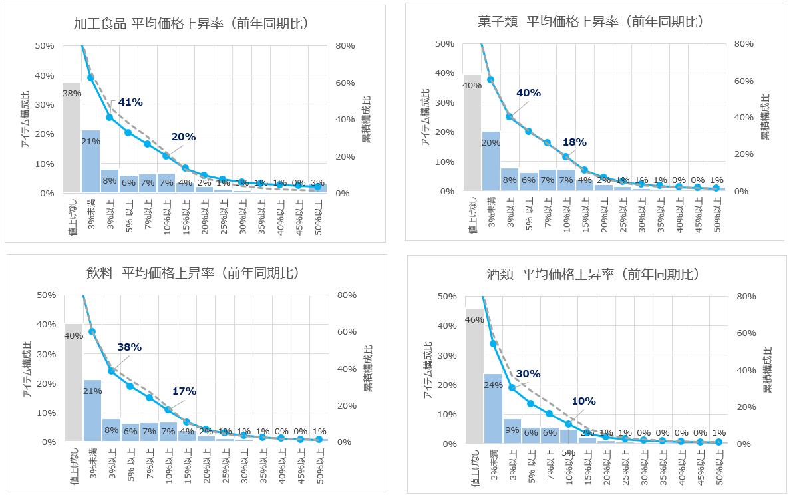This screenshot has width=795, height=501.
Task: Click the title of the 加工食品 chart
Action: pyautogui.click(x=190, y=24)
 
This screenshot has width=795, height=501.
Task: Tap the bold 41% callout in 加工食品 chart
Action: pyautogui.click(x=130, y=102)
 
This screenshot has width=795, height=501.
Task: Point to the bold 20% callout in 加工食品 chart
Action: pyautogui.click(x=183, y=137)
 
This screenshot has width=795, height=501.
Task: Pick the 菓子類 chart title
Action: pyautogui.click(x=591, y=22)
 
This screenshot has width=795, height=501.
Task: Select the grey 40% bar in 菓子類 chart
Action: pyautogui.click(x=472, y=132)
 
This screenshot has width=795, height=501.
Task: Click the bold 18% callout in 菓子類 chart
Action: pyautogui.click(x=574, y=142)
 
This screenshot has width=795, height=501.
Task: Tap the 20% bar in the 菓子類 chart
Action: pyautogui.click(x=491, y=162)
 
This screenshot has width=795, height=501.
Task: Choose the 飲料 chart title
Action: pyautogui.click(x=192, y=273)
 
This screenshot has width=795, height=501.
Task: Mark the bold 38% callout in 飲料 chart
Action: pyautogui.click(x=130, y=347)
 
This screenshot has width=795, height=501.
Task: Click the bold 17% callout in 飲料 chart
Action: pyautogui.click(x=184, y=391)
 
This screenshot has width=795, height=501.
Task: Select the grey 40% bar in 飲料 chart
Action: pyautogui.click(x=74, y=383)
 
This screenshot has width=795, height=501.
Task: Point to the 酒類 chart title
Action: pyautogui.click(x=592, y=275)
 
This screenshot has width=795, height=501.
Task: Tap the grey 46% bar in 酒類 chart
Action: pyautogui.click(x=474, y=376)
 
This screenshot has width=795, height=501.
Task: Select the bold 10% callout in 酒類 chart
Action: pyautogui.click(x=583, y=401)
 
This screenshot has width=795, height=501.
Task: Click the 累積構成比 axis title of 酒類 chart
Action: pyautogui.click(x=766, y=369)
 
